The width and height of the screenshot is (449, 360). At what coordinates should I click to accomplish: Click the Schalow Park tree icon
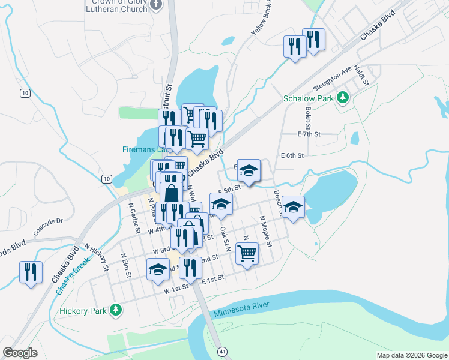343,97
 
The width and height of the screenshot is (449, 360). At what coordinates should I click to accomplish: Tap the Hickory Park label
83,311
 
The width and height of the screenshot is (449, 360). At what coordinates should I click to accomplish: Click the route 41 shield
223,350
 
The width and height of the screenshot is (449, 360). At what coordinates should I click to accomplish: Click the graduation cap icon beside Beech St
293,207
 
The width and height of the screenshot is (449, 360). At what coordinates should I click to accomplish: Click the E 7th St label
310,134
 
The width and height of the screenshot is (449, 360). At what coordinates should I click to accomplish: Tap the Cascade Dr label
49,224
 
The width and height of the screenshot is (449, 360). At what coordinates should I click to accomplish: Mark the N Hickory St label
95,256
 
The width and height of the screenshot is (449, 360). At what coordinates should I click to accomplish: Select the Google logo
20,353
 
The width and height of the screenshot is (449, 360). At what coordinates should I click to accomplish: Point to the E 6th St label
293,155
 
